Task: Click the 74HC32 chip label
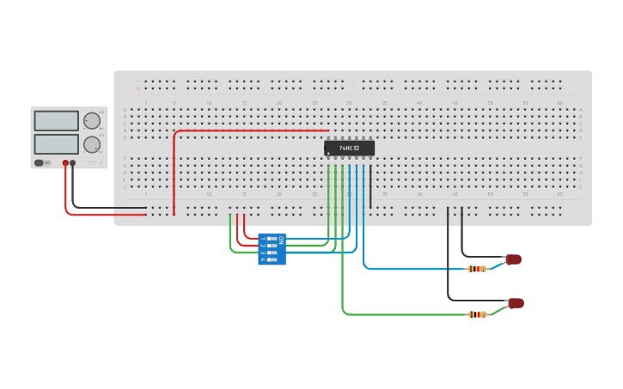click(350, 149)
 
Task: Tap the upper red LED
click(513, 259)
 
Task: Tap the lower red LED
click(516, 303)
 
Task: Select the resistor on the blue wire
click(476, 269)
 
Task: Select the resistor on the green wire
click(477, 314)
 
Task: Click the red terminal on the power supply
click(65, 162)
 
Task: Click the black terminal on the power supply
click(73, 162)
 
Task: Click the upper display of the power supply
click(56, 120)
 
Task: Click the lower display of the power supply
click(56, 143)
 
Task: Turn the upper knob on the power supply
click(91, 120)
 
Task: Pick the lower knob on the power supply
click(91, 144)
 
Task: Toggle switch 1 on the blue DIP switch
click(272, 239)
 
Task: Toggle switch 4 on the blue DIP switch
click(272, 259)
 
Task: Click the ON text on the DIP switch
click(281, 240)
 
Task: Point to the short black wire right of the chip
click(370, 185)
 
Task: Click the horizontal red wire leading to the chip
click(249, 131)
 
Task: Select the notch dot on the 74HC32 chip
click(327, 153)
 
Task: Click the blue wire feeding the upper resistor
click(412, 269)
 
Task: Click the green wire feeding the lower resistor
click(404, 314)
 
